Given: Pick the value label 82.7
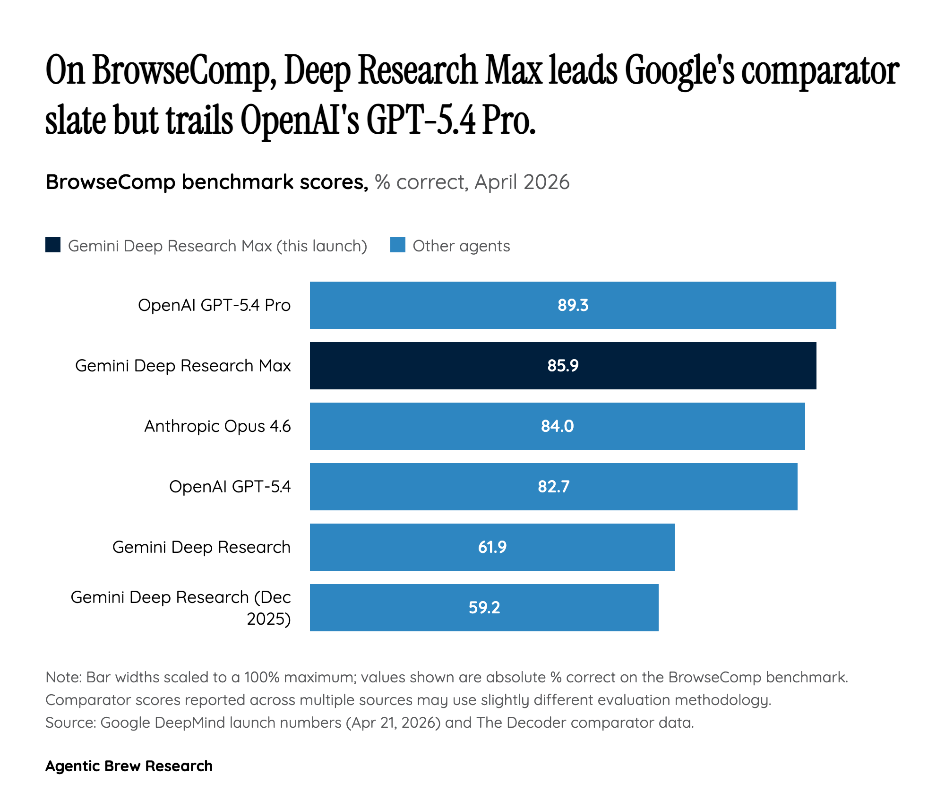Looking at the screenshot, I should (x=553, y=487).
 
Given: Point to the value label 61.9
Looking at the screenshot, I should (x=492, y=547).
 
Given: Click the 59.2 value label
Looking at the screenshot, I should (x=484, y=608).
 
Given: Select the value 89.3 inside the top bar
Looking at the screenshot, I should (x=573, y=305).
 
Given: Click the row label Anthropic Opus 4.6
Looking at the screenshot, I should (x=217, y=426).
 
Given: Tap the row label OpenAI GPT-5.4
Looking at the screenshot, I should (x=230, y=487).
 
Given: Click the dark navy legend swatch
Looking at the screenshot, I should (x=53, y=245).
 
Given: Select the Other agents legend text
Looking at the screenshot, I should (x=461, y=246).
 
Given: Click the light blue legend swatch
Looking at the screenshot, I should (x=397, y=245).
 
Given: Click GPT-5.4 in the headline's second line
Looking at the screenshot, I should (x=421, y=120).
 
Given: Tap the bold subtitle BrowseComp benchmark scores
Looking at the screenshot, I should (x=206, y=182).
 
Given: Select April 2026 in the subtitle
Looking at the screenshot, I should (x=522, y=182).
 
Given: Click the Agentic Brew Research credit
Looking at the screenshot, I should (x=129, y=766).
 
